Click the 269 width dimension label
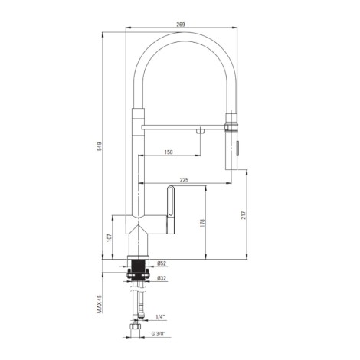pyautogui.click(x=181, y=25)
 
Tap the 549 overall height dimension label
pyautogui.click(x=99, y=146)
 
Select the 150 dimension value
pyautogui.click(x=169, y=152)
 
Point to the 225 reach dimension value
pyautogui.click(x=184, y=180)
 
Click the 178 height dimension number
pyautogui.click(x=202, y=223)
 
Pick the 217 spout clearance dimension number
pyautogui.click(x=243, y=215)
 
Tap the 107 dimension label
pyautogui.click(x=110, y=237)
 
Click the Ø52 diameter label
pyautogui.click(x=162, y=263)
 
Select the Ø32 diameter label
pyautogui.click(x=162, y=278)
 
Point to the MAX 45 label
pyautogui.click(x=99, y=304)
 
